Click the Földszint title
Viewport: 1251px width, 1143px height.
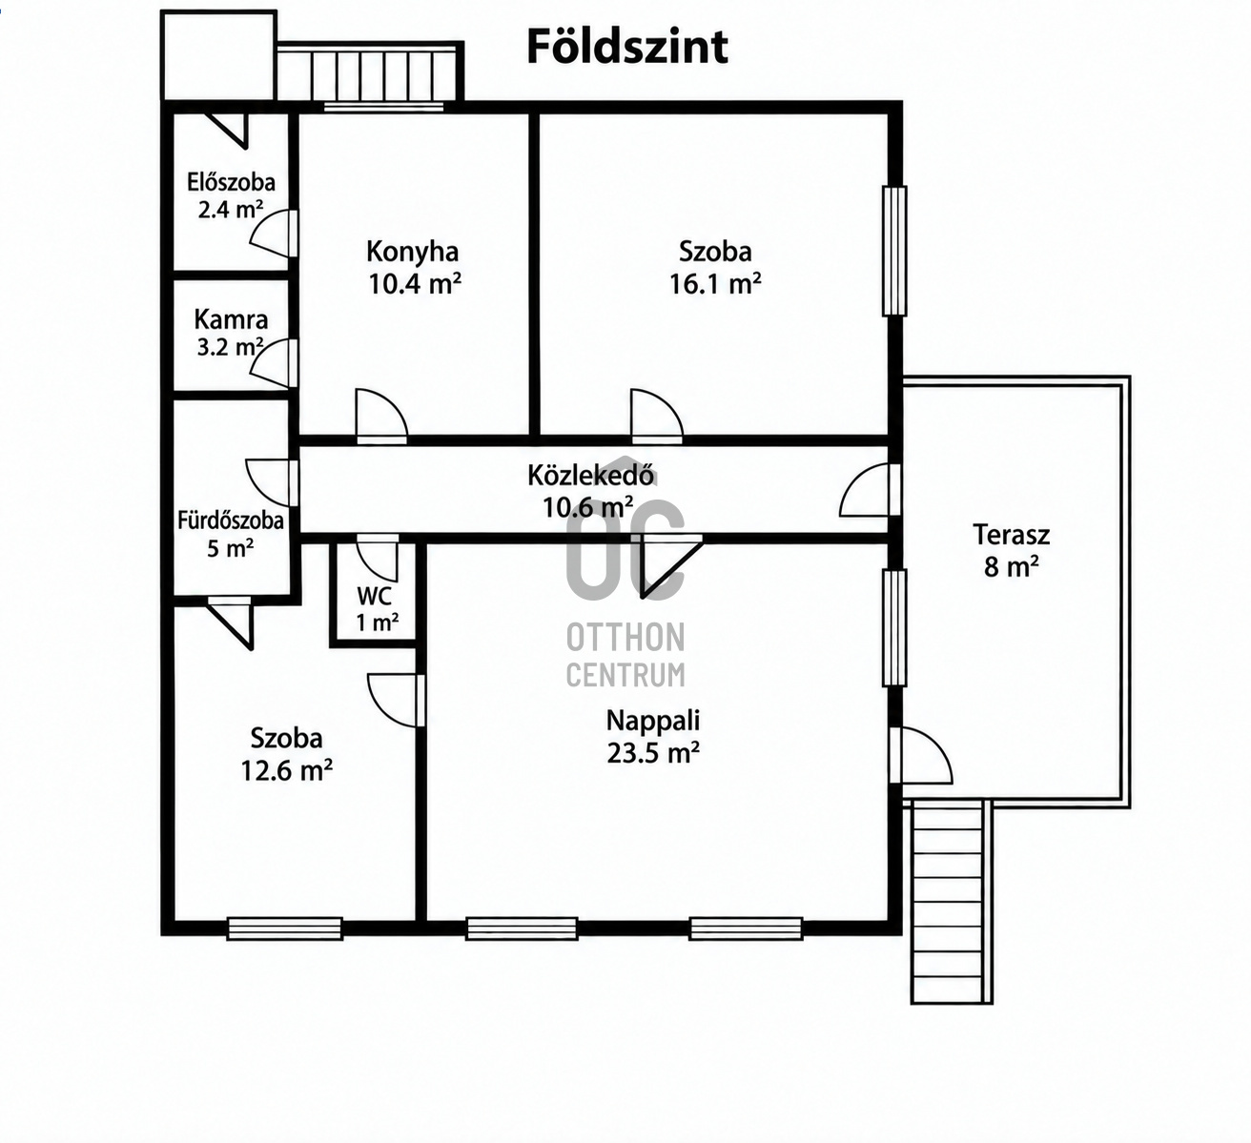tap(627, 48)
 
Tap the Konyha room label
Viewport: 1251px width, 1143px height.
tap(412, 252)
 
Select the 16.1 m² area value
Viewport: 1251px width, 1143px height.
tap(715, 284)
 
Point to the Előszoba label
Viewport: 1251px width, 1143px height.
tap(231, 182)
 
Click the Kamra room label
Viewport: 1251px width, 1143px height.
tap(231, 319)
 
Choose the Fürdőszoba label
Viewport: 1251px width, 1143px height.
tap(231, 520)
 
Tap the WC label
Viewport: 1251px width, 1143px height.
tap(374, 596)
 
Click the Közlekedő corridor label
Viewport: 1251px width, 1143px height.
tap(590, 475)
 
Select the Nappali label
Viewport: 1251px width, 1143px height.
tap(653, 721)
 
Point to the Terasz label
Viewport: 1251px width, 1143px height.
tap(1011, 535)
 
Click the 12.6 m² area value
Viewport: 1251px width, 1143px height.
tap(286, 771)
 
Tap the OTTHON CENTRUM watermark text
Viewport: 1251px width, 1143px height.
tap(625, 655)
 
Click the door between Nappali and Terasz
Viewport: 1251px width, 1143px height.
tap(920, 755)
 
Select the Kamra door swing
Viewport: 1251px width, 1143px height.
tap(273, 363)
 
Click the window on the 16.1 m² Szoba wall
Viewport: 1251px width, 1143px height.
tap(894, 252)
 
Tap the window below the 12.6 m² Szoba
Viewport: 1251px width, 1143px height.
tap(284, 929)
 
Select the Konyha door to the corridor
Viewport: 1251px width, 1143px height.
tap(381, 417)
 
